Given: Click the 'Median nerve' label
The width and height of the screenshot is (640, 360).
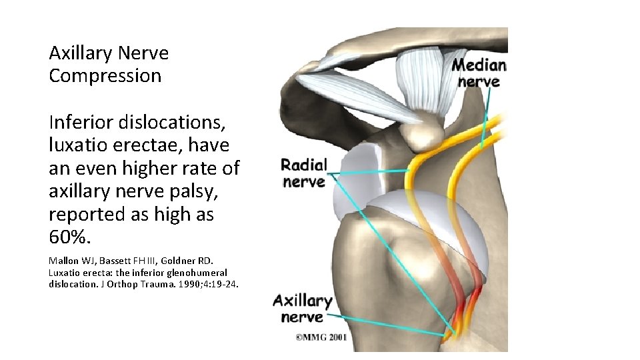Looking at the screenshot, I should point(479,73).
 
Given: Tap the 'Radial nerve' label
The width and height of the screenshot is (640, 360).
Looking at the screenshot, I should point(304,173).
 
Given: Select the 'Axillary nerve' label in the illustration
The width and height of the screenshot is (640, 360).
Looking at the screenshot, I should point(302,309).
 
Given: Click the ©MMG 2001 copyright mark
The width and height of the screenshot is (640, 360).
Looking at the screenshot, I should point(321,338).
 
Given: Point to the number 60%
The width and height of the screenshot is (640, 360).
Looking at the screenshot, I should point(69,237).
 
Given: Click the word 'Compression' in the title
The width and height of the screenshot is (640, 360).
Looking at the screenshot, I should point(105,76).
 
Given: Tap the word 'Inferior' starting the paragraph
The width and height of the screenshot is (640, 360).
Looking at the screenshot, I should point(80,122).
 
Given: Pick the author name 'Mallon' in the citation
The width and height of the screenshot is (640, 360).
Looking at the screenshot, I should point(65,260).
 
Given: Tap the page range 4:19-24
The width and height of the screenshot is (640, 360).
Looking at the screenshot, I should point(211,284).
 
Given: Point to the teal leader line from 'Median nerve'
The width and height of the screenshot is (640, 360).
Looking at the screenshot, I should point(487,117).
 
